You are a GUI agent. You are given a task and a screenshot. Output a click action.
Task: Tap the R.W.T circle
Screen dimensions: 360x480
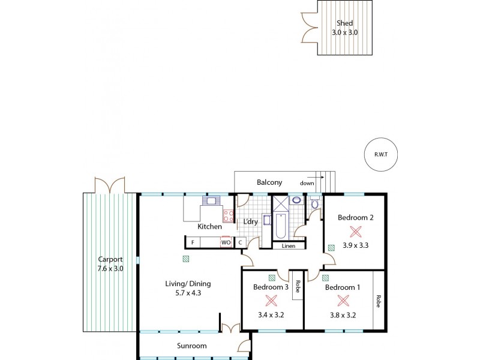point(380,155)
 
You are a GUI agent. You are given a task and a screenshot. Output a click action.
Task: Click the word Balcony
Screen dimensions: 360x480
point(269,182)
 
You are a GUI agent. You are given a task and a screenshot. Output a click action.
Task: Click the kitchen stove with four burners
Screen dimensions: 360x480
point(229,215)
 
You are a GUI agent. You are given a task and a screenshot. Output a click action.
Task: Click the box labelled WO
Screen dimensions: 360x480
point(226,242)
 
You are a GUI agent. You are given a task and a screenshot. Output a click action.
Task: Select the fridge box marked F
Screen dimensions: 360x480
point(193,242)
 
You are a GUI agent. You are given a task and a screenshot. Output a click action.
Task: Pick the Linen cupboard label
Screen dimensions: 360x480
point(288,245)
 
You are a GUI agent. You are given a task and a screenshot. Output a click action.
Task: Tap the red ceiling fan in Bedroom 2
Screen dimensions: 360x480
point(356,231)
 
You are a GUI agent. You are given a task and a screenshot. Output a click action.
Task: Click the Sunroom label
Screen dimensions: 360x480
point(191,346)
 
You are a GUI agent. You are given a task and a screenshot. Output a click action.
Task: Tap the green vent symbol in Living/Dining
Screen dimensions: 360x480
point(187,259)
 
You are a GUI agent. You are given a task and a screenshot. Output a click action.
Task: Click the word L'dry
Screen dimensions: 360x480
point(250,222)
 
